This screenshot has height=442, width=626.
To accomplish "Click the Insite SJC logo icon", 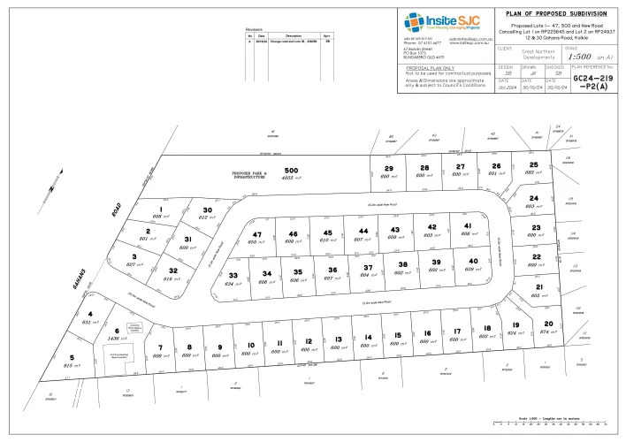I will coord(412,21).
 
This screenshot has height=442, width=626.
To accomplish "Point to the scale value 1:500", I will coord(590,55).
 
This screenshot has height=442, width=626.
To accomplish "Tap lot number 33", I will coord(233,276).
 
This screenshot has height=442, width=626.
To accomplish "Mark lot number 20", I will coord(548,324).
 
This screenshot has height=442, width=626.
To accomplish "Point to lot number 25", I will coord(532,164).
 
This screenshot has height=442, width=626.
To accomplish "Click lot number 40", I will coord(473,261).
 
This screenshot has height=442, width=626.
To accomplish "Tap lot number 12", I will coord(307,340).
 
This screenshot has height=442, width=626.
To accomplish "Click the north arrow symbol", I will coord(52,189).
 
